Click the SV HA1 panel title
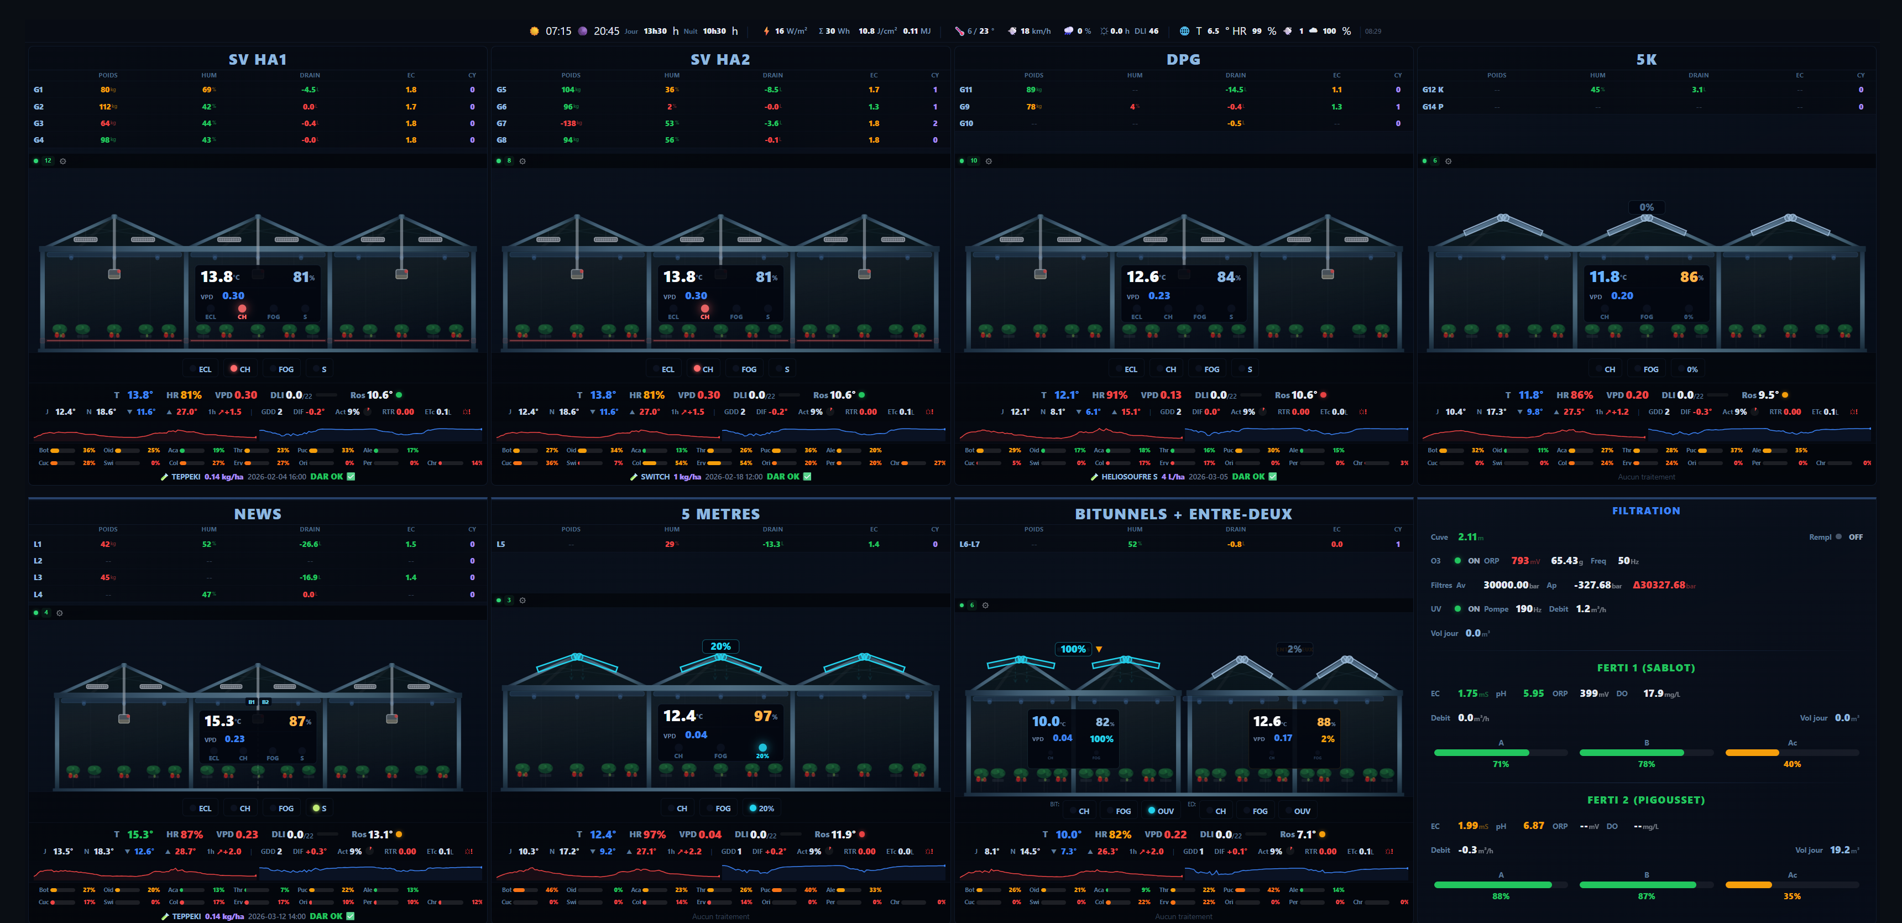pos(257,60)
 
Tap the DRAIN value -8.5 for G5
pos(771,90)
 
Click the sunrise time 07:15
pos(558,31)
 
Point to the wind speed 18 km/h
pos(1034,31)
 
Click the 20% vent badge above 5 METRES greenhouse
pos(720,646)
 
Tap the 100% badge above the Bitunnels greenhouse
pos(1073,649)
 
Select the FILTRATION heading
pos(1646,511)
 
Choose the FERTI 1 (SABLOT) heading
pos(1646,668)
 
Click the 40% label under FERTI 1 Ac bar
pos(1792,764)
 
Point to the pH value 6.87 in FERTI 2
pos(1533,826)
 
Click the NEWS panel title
pos(257,514)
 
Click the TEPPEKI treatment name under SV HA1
pos(185,477)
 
